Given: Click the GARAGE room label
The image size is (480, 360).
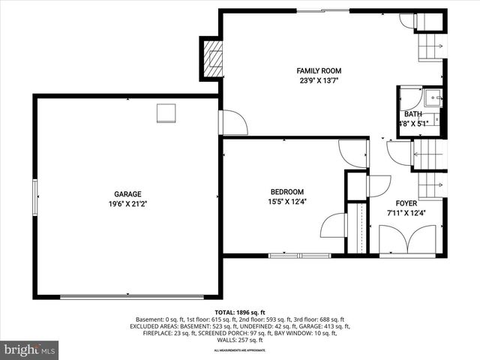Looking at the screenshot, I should click(127, 193).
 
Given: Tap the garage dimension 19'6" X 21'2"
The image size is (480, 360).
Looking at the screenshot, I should click(127, 202).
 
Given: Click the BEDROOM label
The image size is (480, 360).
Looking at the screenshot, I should click(287, 192).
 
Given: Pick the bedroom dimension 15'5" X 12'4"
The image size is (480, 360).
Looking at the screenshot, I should click(287, 201).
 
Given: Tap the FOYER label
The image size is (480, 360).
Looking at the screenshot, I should click(406, 203).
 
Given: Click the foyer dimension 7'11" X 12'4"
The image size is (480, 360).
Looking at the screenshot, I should click(406, 212).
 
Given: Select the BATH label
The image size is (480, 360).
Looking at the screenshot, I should click(412, 114).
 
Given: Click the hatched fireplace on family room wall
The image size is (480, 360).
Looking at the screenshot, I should click(213, 58).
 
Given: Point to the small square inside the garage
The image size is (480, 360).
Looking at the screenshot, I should click(166, 112).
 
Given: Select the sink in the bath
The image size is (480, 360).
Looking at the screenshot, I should click(433, 97).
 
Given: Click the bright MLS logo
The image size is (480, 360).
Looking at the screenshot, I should click(30, 349).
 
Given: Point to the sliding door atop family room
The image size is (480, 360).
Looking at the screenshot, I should click(324, 10).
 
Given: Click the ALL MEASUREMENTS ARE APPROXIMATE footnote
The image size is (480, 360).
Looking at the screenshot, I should click(240, 350).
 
